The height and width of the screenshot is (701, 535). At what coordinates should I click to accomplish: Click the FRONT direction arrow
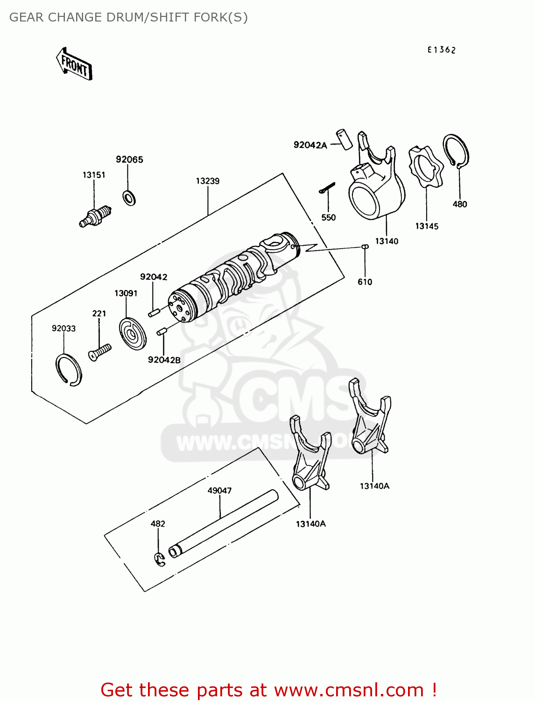[74, 64]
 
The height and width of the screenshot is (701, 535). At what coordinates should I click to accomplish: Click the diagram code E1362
[441, 50]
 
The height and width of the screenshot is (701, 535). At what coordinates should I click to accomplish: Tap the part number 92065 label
[129, 159]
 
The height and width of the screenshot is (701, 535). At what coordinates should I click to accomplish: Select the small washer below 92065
[129, 197]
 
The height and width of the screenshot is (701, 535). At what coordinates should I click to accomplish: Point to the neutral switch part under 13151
[96, 216]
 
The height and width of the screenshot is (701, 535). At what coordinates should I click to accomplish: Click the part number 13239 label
[207, 181]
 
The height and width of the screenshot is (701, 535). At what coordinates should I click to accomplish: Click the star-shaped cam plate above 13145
[426, 167]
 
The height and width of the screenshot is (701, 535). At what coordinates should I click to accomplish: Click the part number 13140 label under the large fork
[387, 241]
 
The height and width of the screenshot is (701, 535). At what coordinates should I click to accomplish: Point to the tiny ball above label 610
[365, 247]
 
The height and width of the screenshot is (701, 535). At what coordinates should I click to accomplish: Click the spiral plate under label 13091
[132, 333]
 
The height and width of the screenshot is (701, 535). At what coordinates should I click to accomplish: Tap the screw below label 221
[100, 352]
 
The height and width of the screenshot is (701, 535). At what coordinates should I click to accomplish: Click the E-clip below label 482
[160, 559]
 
